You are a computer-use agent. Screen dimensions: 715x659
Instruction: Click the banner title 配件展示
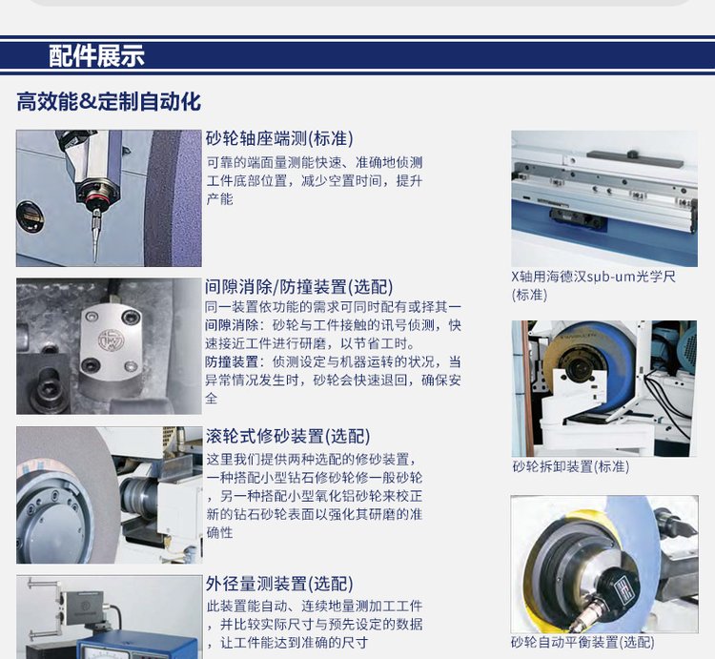click(x=96, y=56)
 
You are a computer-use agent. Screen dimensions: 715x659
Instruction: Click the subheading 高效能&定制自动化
click(x=109, y=101)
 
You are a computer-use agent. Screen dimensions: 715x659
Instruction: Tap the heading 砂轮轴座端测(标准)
click(x=279, y=138)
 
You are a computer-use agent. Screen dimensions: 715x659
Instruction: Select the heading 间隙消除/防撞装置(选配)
click(x=298, y=287)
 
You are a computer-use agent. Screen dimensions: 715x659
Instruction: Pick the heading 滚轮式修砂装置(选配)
click(x=288, y=437)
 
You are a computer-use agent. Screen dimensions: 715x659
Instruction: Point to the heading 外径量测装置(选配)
click(x=279, y=584)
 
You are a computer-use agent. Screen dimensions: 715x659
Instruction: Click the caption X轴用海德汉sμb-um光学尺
click(x=593, y=277)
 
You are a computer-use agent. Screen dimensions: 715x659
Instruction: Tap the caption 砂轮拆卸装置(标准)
click(x=571, y=466)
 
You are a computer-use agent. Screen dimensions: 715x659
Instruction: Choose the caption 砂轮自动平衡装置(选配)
click(x=582, y=642)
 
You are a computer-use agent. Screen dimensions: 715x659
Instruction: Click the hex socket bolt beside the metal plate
click(x=47, y=386)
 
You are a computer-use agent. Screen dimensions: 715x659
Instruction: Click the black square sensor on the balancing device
click(x=621, y=586)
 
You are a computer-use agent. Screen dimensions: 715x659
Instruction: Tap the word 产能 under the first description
click(x=220, y=199)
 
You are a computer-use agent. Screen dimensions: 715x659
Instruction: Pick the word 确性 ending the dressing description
click(x=220, y=532)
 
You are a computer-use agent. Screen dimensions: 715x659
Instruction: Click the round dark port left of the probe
click(x=31, y=217)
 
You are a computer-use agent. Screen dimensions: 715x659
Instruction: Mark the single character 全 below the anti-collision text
click(x=211, y=398)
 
